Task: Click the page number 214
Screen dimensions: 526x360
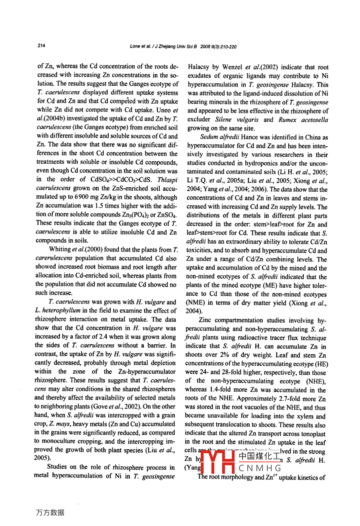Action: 41,45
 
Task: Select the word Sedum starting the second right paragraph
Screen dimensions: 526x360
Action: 209,137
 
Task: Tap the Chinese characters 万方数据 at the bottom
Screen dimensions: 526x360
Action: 50,513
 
